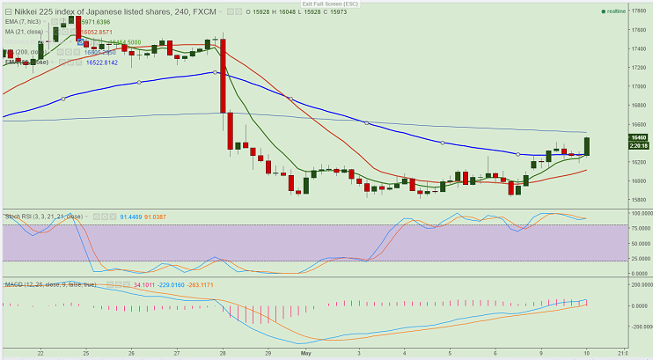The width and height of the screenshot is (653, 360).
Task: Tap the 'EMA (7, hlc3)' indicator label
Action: click(x=23, y=22)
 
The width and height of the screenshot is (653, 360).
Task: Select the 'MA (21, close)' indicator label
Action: click(x=24, y=32)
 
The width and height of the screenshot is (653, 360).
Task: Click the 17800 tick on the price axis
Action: click(x=640, y=11)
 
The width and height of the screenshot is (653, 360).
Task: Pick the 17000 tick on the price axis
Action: click(x=640, y=86)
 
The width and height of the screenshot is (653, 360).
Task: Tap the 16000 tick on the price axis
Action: click(x=640, y=181)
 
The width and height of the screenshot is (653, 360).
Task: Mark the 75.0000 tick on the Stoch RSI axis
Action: click(x=639, y=227)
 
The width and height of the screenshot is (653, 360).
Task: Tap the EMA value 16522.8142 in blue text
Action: click(x=101, y=62)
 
